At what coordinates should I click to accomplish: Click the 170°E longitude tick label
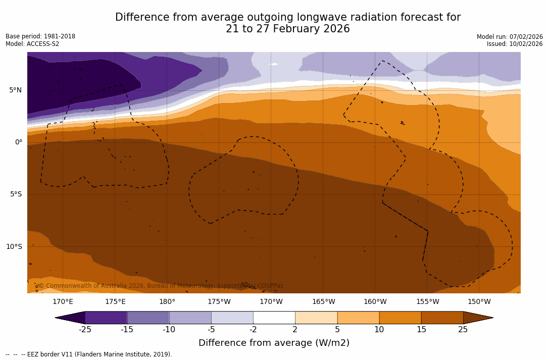(63, 302)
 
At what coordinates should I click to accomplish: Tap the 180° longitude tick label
(167, 302)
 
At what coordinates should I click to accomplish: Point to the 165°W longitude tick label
(323, 302)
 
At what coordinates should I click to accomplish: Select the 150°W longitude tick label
(479, 302)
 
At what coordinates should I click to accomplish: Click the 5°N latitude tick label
(15, 90)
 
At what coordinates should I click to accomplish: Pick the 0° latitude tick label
(19, 142)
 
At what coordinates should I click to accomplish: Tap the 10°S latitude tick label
(14, 247)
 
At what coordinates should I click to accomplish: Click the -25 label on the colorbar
(85, 330)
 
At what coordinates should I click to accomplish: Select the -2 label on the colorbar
(253, 330)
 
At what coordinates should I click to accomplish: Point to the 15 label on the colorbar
(421, 330)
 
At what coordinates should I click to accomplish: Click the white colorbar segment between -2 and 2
(274, 318)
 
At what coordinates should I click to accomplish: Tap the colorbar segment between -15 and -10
(148, 318)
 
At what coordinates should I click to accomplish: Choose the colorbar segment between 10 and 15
(400, 318)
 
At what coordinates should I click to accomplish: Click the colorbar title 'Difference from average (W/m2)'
(274, 343)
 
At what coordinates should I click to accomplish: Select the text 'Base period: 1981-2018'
(40, 36)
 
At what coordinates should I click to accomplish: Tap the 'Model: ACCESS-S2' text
(32, 44)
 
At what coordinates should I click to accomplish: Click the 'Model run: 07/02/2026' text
(510, 37)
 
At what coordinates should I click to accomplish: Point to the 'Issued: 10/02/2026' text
(515, 44)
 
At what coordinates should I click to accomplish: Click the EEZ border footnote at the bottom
(89, 354)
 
